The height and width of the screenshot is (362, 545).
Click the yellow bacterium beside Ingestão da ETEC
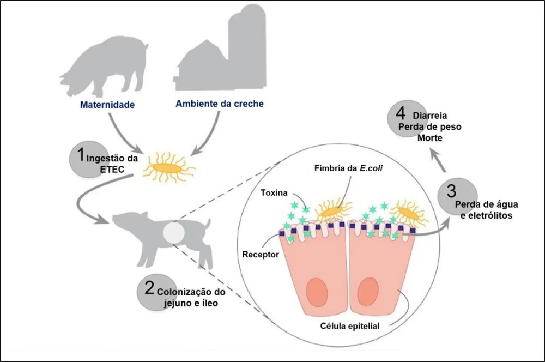click(166, 167)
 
